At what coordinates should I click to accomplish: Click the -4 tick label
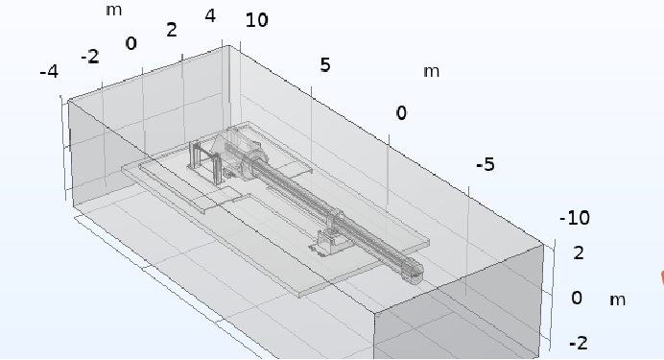pyautogui.click(x=49, y=72)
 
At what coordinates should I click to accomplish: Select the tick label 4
pyautogui.click(x=210, y=16)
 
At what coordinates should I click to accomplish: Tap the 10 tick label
pyautogui.click(x=256, y=20)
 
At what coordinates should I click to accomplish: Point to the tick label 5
pyautogui.click(x=324, y=65)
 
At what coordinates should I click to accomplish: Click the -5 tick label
pyautogui.click(x=486, y=164)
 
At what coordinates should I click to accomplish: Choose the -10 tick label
pyautogui.click(x=574, y=218)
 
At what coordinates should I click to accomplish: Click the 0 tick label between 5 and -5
pyautogui.click(x=401, y=113)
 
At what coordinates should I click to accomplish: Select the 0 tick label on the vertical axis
pyautogui.click(x=577, y=298)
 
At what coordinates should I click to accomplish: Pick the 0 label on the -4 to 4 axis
pyautogui.click(x=131, y=43)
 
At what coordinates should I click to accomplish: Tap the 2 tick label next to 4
pyautogui.click(x=172, y=30)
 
